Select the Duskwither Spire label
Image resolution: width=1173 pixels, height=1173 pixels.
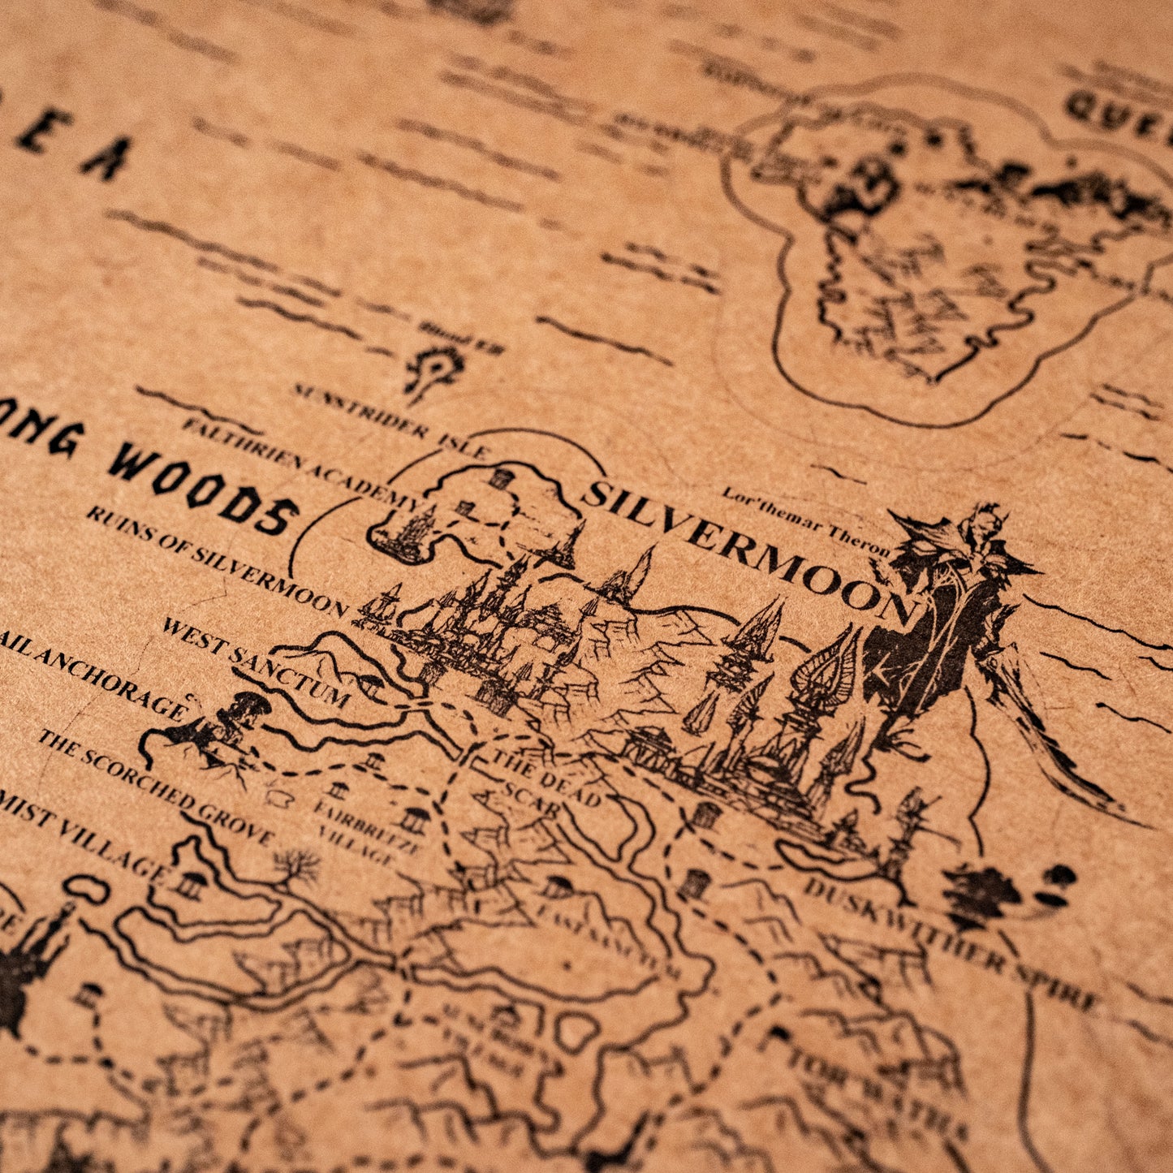pos(950,942)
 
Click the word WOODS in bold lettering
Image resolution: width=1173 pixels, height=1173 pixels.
pos(203,486)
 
